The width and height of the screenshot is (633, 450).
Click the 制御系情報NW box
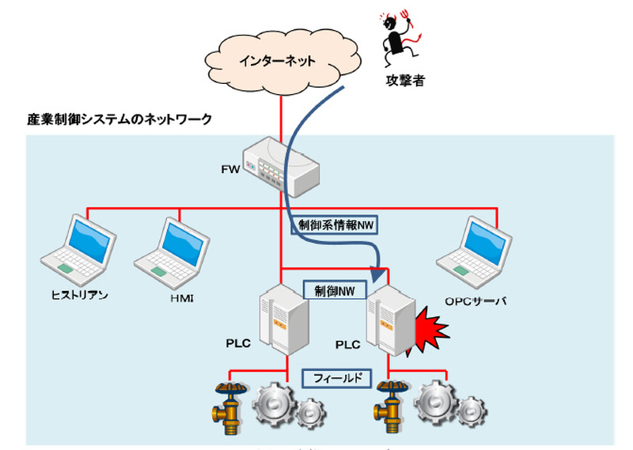pos(335,225)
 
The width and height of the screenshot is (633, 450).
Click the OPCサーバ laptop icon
pos(475,246)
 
